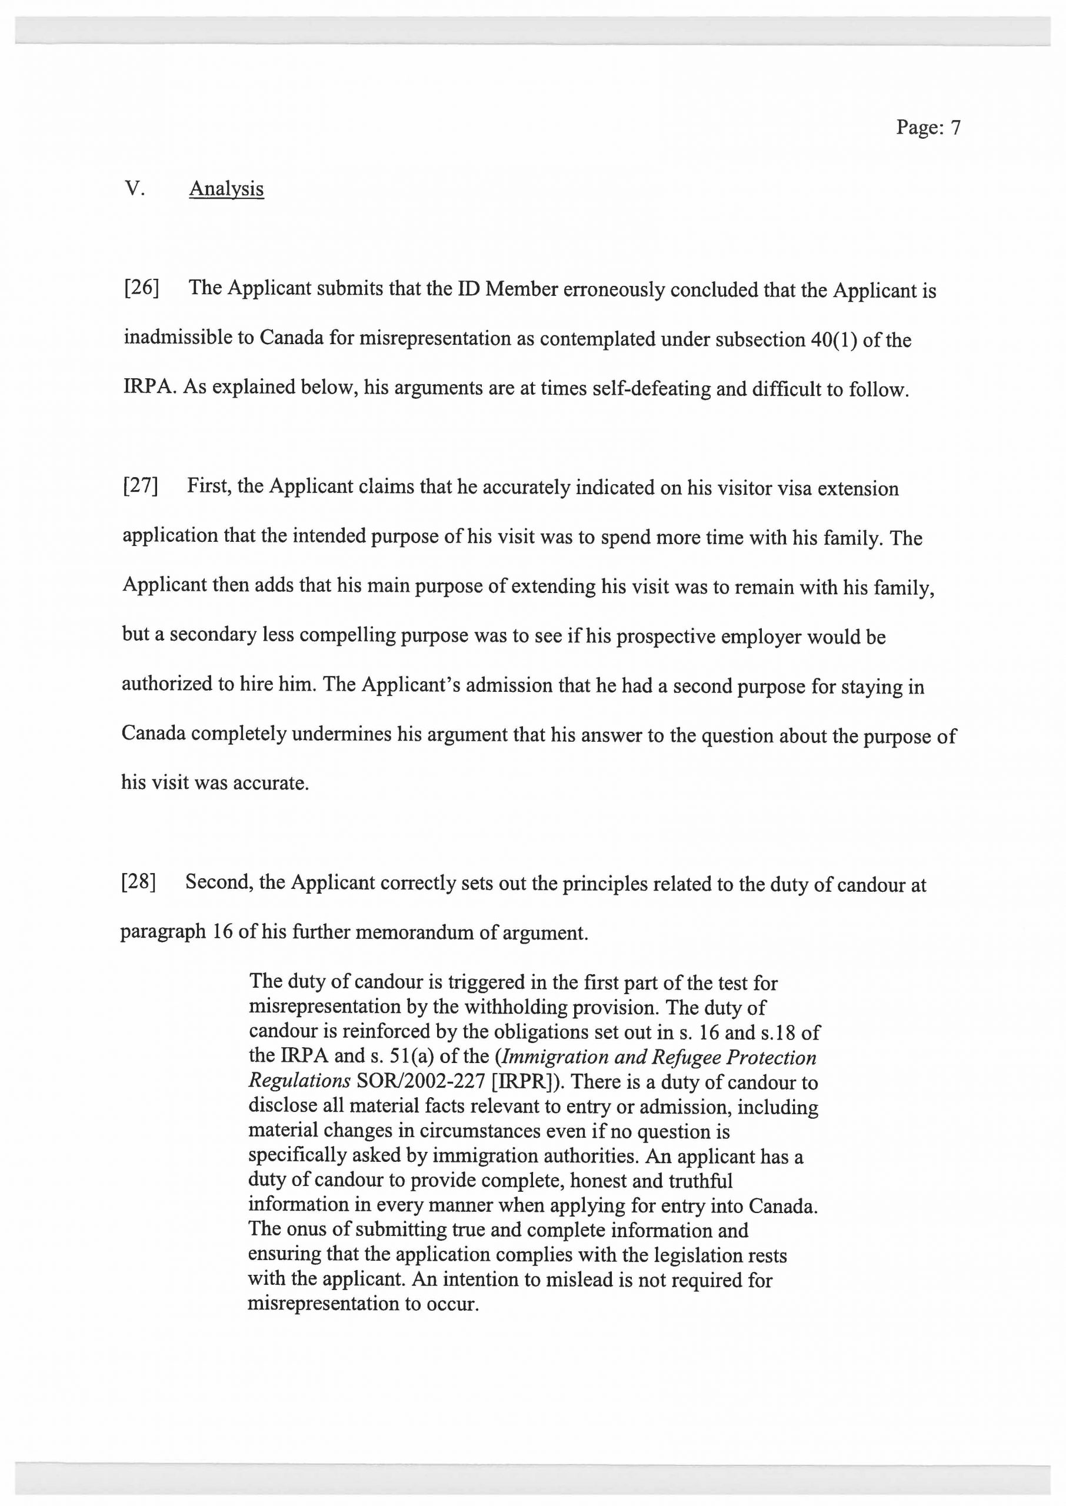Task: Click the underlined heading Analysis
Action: click(226, 189)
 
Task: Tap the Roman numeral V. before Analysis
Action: click(134, 189)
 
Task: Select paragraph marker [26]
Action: click(141, 288)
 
